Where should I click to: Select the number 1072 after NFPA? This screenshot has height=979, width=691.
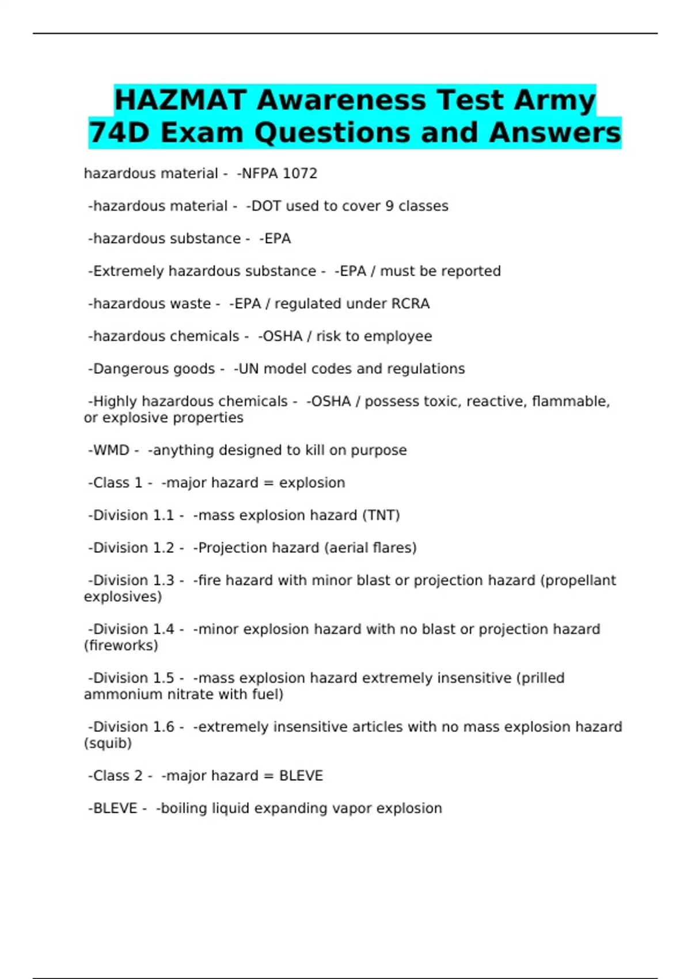[x=300, y=173]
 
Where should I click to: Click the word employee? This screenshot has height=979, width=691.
[x=398, y=336]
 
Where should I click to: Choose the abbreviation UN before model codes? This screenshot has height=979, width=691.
[x=248, y=369]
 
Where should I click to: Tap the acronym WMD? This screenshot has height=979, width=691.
[x=111, y=450]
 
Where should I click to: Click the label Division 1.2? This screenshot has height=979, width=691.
[x=134, y=548]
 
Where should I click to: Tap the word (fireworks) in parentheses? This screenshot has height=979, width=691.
[x=121, y=646]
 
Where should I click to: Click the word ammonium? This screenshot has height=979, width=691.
[x=123, y=695]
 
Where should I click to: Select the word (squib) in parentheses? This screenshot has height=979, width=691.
[x=108, y=743]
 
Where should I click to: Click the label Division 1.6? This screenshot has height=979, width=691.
[x=134, y=727]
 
